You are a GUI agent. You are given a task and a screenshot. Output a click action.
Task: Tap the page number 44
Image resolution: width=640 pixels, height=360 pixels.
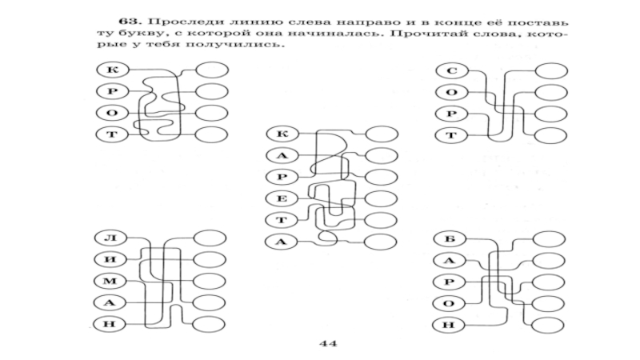[x=326, y=345]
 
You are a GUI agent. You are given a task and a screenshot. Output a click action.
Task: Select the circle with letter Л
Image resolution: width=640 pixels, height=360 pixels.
[x=108, y=238]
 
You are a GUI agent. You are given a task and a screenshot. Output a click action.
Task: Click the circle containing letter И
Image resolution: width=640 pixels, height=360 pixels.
[x=108, y=259]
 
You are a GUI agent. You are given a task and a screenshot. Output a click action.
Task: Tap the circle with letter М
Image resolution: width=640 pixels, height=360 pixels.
[x=108, y=281]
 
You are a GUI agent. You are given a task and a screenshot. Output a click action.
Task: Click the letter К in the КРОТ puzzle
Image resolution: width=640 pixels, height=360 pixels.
[x=108, y=70]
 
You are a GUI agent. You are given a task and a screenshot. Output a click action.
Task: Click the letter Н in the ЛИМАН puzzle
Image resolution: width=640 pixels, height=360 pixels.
[x=108, y=324]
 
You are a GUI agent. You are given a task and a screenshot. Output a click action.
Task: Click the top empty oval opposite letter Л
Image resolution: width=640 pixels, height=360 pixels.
[x=212, y=238]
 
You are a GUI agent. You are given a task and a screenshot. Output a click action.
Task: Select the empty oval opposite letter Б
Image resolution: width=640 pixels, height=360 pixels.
[x=550, y=238]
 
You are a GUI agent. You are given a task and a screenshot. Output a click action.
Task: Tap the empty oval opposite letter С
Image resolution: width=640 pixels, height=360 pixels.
[x=550, y=71]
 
